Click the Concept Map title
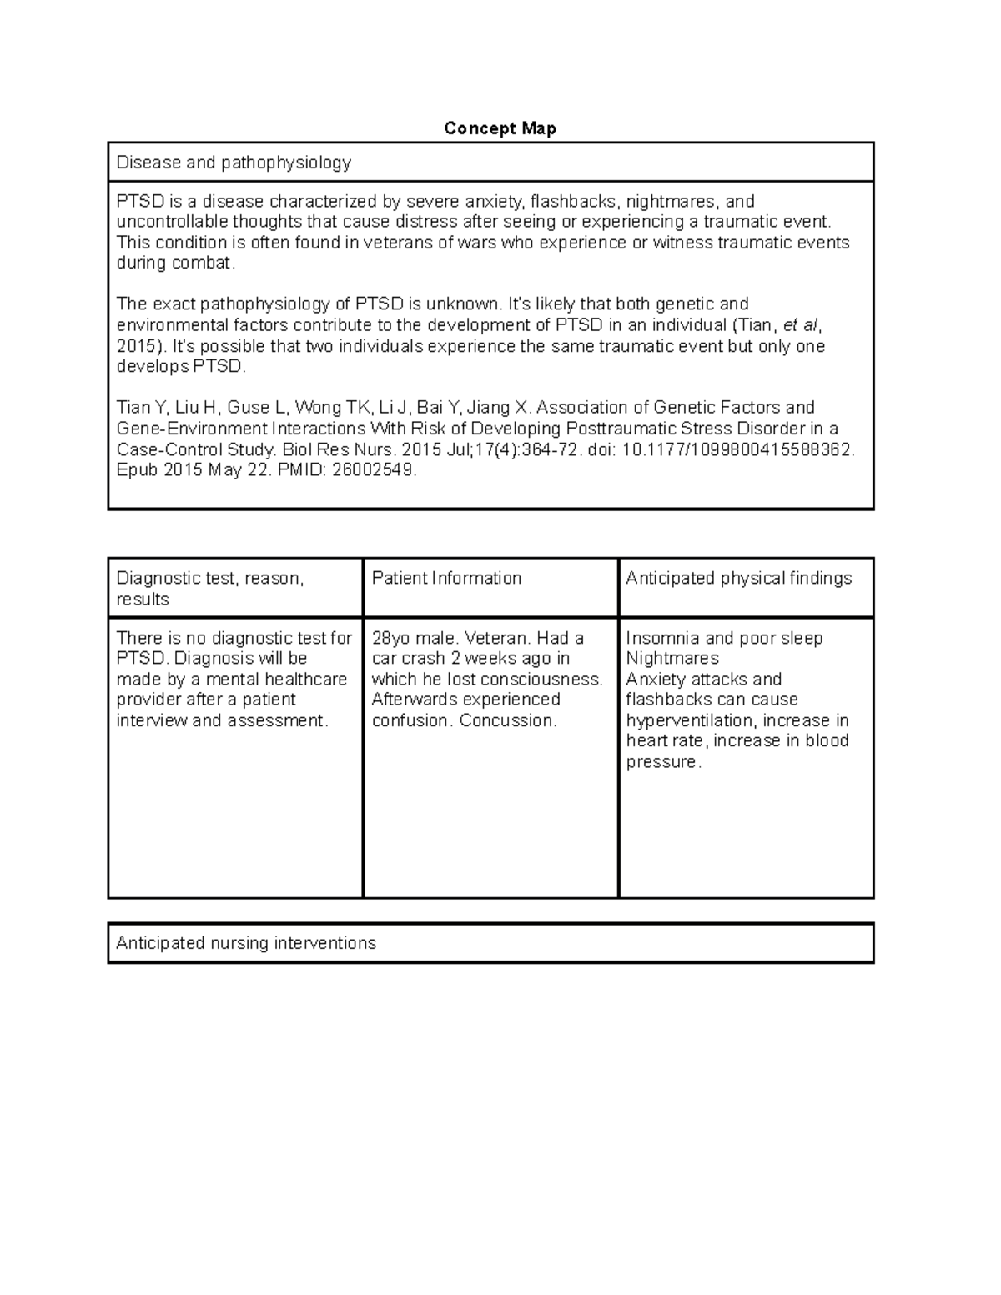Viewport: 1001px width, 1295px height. coord(500,128)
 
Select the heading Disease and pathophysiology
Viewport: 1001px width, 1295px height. coord(234,163)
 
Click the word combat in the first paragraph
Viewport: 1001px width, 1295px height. coord(203,264)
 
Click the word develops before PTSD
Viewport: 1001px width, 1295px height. coord(153,367)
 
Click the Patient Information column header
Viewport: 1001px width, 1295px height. coord(446,579)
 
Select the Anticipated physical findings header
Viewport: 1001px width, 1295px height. coord(739,579)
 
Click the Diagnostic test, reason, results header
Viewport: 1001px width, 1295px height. coord(210,589)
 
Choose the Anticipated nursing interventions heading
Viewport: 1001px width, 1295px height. coord(246,943)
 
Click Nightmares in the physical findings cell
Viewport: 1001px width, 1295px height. coord(672,659)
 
